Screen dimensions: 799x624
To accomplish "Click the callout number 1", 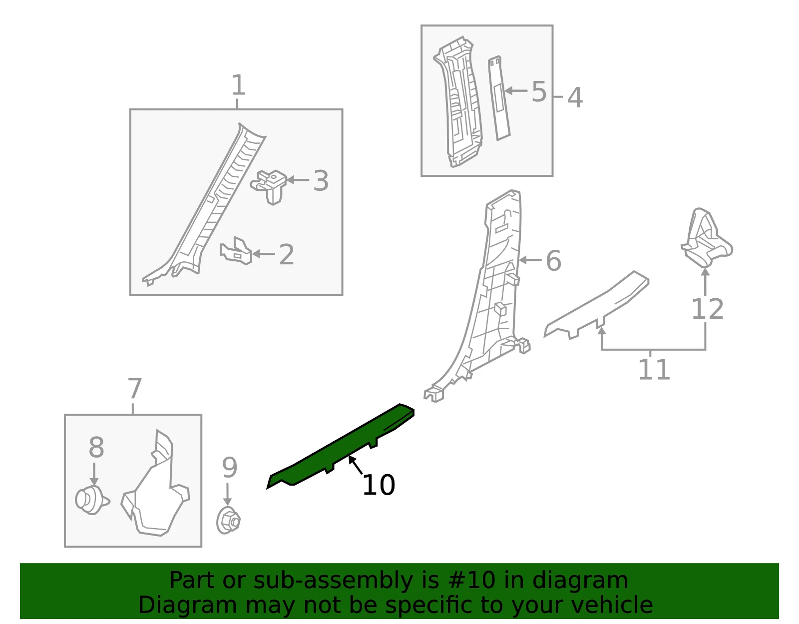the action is pos(238,85).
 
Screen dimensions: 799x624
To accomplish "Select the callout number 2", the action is pos(287,254).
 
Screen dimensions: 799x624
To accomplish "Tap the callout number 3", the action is pos(321,180).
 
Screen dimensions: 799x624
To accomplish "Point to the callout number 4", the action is pos(575,97).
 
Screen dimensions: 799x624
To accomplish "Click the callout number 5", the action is pos(539,91).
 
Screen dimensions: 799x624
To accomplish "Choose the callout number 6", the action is pos(553,261).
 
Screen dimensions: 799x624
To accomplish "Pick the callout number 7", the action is pos(134,389).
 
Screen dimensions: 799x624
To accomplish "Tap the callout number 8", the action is pos(96,447).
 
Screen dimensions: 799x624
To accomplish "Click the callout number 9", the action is pos(229,467).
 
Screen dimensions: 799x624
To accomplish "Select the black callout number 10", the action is pos(379,485).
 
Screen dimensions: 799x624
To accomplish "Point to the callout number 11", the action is pos(654,370).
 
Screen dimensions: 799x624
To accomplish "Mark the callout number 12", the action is pos(708,309).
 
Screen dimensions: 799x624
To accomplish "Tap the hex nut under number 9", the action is pos(228,520).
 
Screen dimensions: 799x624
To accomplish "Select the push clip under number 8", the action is pos(92,500).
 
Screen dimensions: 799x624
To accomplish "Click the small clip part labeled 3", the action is pos(269,187).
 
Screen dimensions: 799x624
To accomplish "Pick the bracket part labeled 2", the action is pos(236,251).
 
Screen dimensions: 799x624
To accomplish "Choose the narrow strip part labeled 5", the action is pos(499,98).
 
